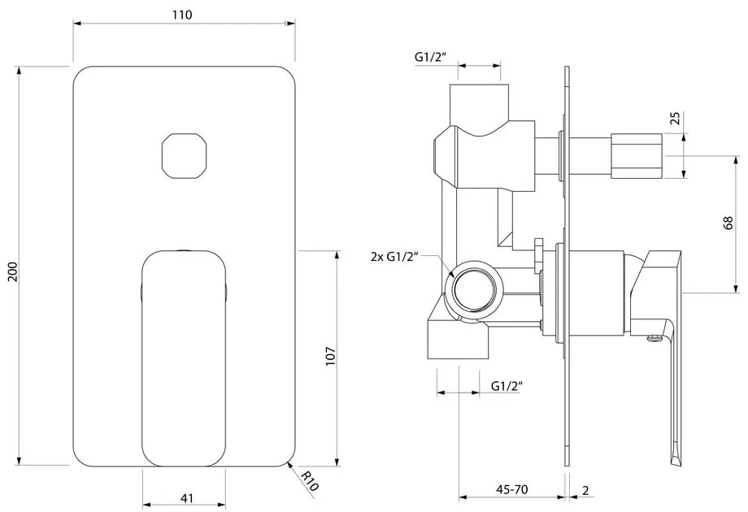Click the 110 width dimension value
coord(181,15)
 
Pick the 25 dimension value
coord(674,120)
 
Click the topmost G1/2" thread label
coord(430,57)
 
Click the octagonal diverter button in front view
coord(183,154)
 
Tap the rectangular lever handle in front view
coord(182,358)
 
